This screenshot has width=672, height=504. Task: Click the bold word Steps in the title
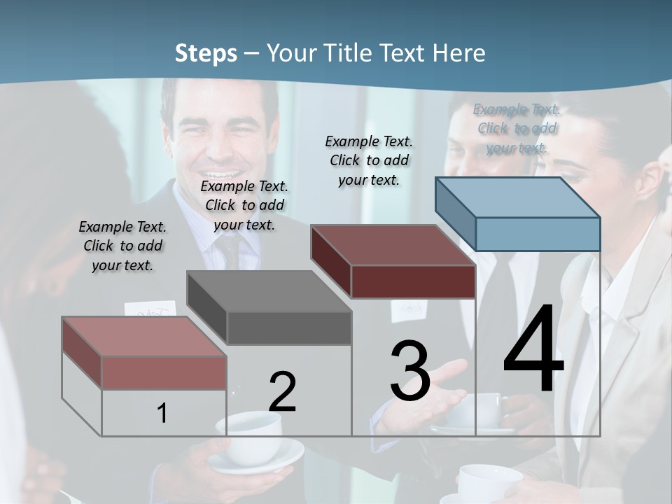206,53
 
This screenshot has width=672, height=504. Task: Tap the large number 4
533,349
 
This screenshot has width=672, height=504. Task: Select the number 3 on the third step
410,371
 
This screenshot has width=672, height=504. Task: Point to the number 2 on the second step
282,393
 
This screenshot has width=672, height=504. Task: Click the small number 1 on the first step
162,414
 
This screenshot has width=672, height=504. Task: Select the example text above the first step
122,246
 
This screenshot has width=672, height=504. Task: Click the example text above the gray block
244,205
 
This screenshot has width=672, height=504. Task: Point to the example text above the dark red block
369,160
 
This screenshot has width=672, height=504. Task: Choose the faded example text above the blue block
517,128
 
